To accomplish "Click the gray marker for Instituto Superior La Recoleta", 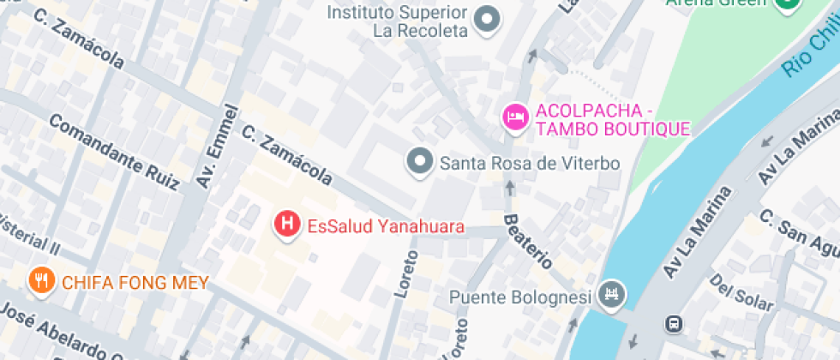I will pyautogui.click(x=488, y=18).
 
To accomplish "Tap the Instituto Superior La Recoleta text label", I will pyautogui.click(x=398, y=21).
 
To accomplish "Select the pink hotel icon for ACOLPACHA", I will pyautogui.click(x=514, y=117).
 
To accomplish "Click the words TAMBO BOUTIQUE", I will pyautogui.click(x=612, y=129).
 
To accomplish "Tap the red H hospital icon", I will pyautogui.click(x=286, y=225).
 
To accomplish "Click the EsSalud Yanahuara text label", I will pyautogui.click(x=386, y=227).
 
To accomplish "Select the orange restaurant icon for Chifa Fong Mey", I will pyautogui.click(x=40, y=279).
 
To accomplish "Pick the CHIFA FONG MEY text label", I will pyautogui.click(x=135, y=282).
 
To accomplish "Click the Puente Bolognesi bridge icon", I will pyautogui.click(x=613, y=295).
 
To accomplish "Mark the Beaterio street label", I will pyautogui.click(x=527, y=241).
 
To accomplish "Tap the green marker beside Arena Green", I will pyautogui.click(x=786, y=3).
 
